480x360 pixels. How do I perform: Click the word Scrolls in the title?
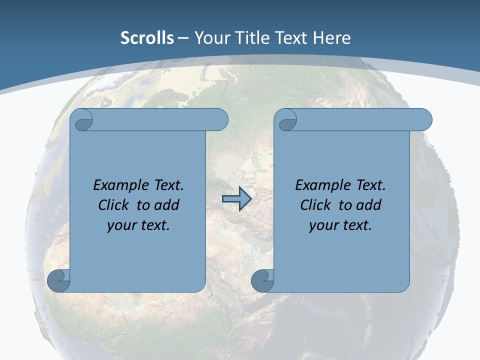[x=147, y=38]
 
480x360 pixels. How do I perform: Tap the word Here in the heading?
[x=331, y=38]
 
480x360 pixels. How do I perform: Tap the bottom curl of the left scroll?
[x=59, y=280]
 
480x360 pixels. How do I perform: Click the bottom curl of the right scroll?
[x=262, y=280]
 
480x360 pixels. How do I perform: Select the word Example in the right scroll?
[x=322, y=185]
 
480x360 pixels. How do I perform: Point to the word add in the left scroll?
[x=166, y=205]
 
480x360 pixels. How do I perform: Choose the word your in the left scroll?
[x=121, y=225]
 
